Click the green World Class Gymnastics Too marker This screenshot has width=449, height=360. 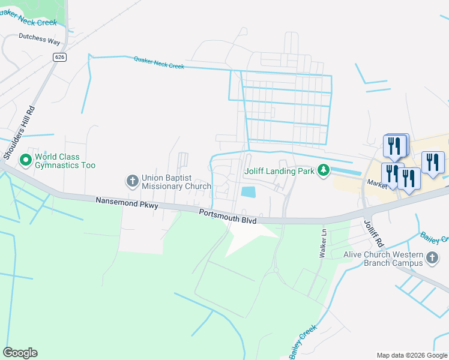tap(25, 160)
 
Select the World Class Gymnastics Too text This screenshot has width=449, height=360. tap(65, 161)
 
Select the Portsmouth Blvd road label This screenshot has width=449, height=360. tap(228, 217)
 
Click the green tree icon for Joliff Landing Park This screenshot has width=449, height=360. tap(324, 171)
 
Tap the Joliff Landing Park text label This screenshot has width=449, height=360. tap(279, 171)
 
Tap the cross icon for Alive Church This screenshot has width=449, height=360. tap(432, 259)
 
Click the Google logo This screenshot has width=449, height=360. tap(20, 353)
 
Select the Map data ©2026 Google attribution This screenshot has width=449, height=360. tap(412, 355)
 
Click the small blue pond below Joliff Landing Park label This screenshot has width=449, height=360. tap(248, 193)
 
